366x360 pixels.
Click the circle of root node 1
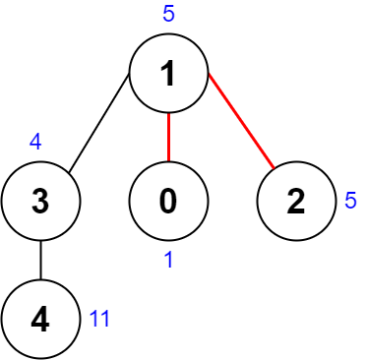[x=169, y=75]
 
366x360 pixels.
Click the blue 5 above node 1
[x=168, y=15]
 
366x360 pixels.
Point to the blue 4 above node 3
[x=35, y=142]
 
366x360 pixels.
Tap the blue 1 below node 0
[x=169, y=262]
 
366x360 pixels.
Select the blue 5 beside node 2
[x=350, y=201]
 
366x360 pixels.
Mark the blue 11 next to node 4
[x=99, y=319]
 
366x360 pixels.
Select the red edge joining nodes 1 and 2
[x=239, y=127]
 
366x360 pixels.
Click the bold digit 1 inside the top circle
[x=168, y=75]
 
